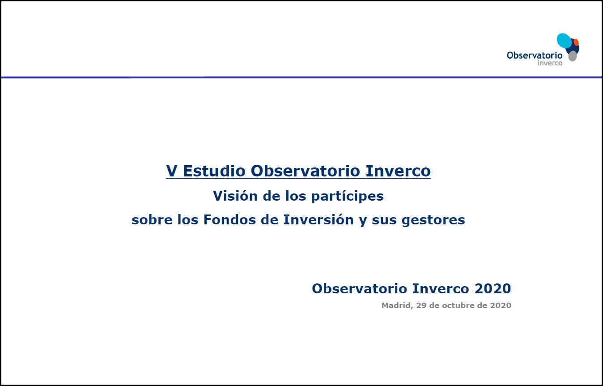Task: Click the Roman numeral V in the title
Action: (x=172, y=171)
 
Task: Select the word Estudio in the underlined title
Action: (x=214, y=171)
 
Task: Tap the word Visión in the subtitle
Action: (x=235, y=196)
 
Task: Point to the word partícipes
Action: (x=347, y=197)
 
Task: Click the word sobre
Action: (x=152, y=219)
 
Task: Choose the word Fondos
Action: (x=229, y=219)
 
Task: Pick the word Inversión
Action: (x=318, y=219)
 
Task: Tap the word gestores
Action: (x=433, y=220)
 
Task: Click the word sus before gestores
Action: (x=384, y=220)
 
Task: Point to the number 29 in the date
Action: (x=421, y=305)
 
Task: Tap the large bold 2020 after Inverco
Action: (x=493, y=288)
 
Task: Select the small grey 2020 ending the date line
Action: (x=501, y=305)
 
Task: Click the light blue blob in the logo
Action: (x=564, y=41)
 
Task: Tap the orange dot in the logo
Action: (x=576, y=42)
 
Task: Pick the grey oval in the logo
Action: (x=573, y=56)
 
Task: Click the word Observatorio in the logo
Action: (x=535, y=55)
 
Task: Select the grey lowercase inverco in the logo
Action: (x=550, y=63)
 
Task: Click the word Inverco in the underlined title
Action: (x=398, y=171)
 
